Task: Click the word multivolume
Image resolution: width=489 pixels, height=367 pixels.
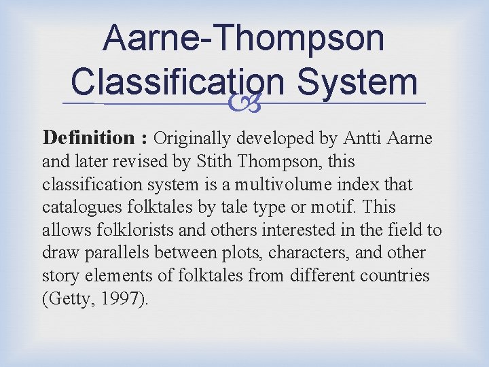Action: click(x=293, y=184)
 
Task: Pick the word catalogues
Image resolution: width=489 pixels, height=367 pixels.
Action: click(x=76, y=207)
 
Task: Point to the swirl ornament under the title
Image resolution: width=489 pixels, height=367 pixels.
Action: click(x=243, y=104)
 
